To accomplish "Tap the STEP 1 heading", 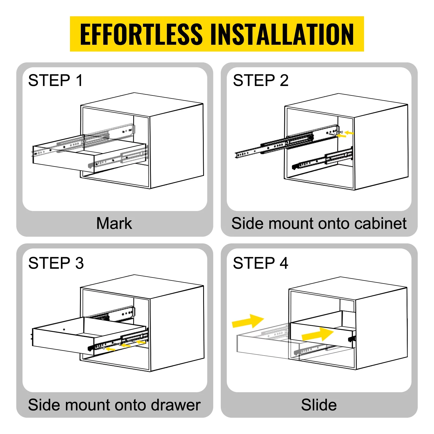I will coord(55,80).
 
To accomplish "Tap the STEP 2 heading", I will coord(260,80).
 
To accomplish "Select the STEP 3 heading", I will coord(56,263).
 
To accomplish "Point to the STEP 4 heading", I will coord(260,263).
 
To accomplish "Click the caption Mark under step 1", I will coord(114,224).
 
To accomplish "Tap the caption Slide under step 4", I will coord(319,405).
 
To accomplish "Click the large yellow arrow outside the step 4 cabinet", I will coord(248,321).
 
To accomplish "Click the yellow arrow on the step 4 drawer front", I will coord(317,334).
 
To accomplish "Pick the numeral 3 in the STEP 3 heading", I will coord(79,263).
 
